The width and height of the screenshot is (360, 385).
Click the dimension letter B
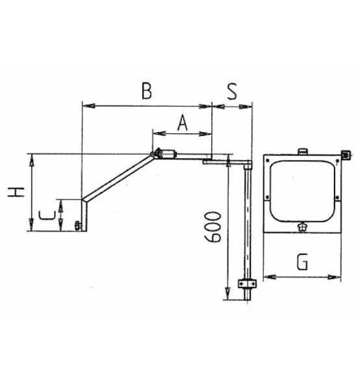pos(147,91)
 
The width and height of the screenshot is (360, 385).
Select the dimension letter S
pos(232,91)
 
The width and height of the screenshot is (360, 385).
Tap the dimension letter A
pos(183,122)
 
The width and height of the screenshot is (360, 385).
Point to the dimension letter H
pos(16,192)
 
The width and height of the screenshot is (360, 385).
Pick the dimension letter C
pos(47,215)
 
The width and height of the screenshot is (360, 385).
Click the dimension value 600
pos(212,227)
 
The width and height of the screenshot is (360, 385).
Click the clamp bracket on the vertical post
pos(248,284)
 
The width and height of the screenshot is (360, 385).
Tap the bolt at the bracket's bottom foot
pos(78,226)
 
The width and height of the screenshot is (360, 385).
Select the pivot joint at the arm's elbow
pos(156,153)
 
